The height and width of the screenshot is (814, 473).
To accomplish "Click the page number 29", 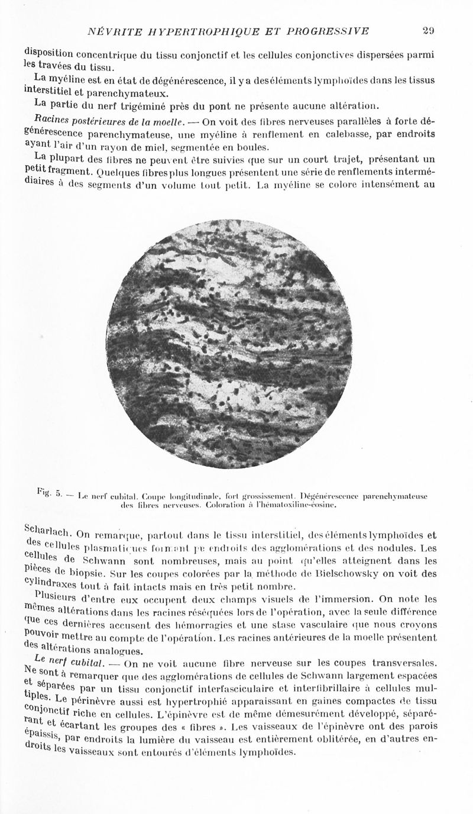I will coord(429,31).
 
